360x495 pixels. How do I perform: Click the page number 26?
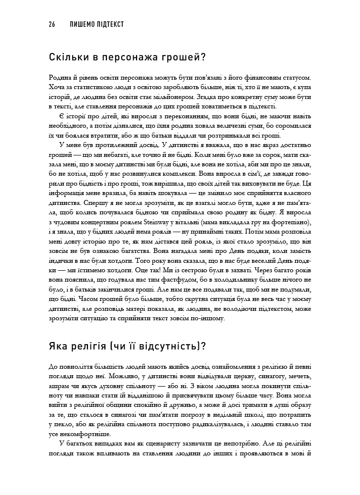(x=51, y=24)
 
